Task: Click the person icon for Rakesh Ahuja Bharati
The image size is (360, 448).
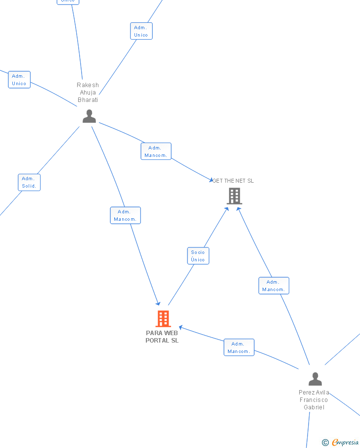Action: tap(89, 116)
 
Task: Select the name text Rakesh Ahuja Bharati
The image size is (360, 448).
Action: tap(88, 93)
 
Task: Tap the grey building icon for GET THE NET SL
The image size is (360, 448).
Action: tap(234, 196)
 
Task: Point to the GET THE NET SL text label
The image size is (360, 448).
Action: tap(233, 181)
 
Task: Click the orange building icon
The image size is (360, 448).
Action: tap(163, 319)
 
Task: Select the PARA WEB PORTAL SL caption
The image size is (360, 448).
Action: tap(162, 337)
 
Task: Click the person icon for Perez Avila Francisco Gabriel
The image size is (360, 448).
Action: tap(315, 379)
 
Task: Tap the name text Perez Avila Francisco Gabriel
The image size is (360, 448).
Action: tap(314, 400)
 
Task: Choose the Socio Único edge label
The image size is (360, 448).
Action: tap(198, 256)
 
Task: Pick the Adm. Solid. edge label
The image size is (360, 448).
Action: tap(29, 182)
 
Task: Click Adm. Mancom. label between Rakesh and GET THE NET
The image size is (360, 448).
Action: tap(156, 151)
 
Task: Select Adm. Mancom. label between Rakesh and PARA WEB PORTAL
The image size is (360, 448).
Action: tap(125, 215)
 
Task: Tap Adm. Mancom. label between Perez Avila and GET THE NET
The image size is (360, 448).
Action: tap(273, 286)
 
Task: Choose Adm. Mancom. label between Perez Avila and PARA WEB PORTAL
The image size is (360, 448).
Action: tap(239, 348)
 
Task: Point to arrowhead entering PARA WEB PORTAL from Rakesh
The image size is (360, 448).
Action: tap(158, 303)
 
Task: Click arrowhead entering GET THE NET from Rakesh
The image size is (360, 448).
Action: tap(211, 180)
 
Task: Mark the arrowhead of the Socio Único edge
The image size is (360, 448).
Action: tap(226, 209)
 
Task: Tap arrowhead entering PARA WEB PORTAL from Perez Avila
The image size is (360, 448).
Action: tap(181, 327)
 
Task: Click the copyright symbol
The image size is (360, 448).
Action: tap(325, 443)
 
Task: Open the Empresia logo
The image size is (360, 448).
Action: tap(345, 443)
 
